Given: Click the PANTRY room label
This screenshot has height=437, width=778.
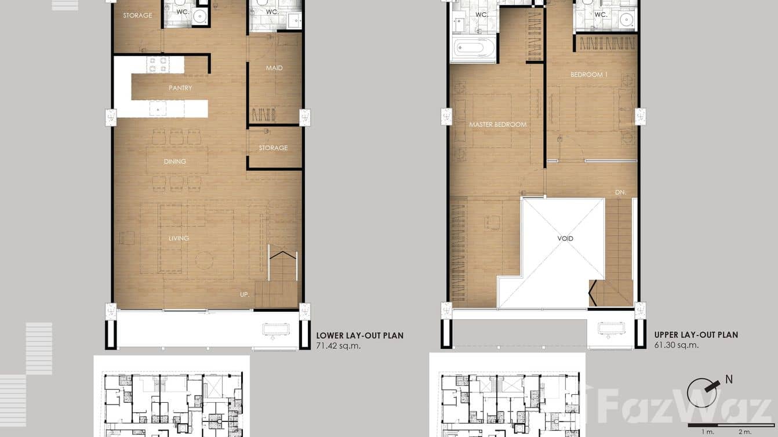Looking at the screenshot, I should point(180,88).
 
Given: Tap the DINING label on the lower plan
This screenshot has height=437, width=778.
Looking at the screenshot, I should point(174,162).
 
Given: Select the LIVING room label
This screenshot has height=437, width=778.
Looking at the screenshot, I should point(179,238).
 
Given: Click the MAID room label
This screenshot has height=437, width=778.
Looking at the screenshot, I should point(274,68).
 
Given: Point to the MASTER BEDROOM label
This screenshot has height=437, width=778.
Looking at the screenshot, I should point(497,125).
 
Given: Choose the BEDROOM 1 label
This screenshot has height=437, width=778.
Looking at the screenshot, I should point(589,75).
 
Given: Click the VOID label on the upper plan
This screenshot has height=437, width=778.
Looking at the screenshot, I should point(565,239).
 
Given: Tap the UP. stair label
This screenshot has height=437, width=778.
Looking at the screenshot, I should point(245,295).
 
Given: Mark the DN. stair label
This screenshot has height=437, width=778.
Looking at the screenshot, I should point(620,192).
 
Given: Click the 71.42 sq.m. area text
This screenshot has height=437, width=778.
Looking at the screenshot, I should point(339,345).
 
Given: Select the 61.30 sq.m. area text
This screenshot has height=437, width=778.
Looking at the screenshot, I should point(677,345).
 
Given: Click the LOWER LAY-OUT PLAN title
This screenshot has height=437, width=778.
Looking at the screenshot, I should point(359,336).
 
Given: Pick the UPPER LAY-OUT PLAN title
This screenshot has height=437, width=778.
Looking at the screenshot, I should point(696,335).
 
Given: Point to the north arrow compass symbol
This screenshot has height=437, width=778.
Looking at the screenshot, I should point(703,393).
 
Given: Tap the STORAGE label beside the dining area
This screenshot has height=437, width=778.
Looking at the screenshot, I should point(273,148).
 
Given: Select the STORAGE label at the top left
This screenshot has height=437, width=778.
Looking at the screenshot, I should point(137,16).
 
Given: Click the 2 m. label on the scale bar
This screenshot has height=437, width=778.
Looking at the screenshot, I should point(744,432).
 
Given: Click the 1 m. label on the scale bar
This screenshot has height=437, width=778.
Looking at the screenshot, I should point(707,432).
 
